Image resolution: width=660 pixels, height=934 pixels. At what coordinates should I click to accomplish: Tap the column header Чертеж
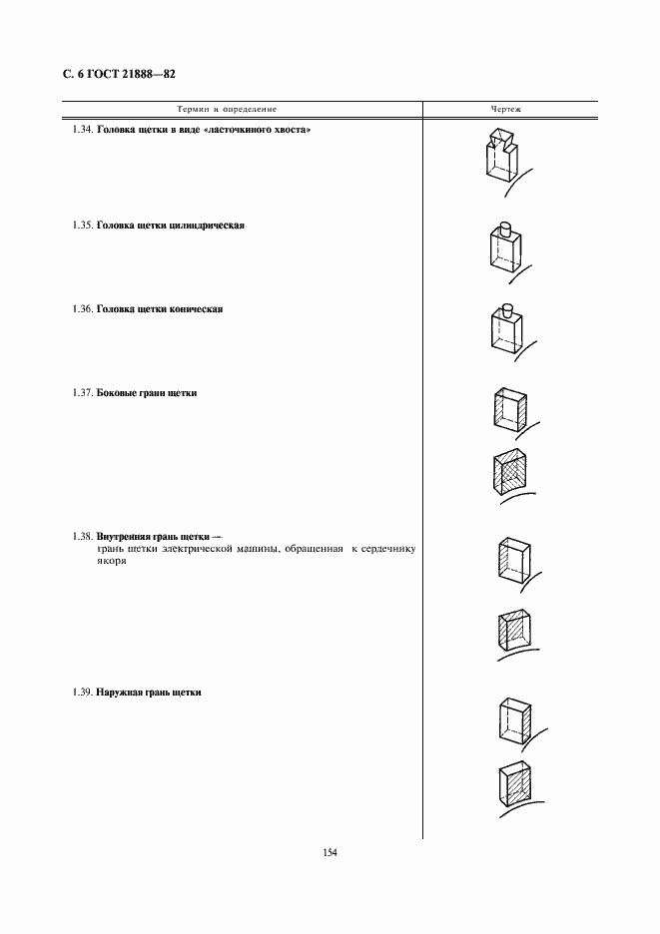click(505, 110)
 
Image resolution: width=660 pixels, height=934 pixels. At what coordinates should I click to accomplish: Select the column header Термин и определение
click(227, 110)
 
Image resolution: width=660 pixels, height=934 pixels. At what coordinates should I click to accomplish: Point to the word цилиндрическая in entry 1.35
click(207, 226)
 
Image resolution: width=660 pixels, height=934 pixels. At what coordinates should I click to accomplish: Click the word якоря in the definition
click(112, 561)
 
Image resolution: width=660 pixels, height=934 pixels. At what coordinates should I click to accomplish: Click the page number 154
click(330, 853)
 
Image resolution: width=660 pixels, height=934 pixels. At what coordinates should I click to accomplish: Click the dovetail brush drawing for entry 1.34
click(507, 161)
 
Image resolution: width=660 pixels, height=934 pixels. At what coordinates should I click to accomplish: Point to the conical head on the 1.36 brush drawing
click(507, 309)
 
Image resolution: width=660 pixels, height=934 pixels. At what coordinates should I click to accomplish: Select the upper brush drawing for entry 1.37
click(514, 411)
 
